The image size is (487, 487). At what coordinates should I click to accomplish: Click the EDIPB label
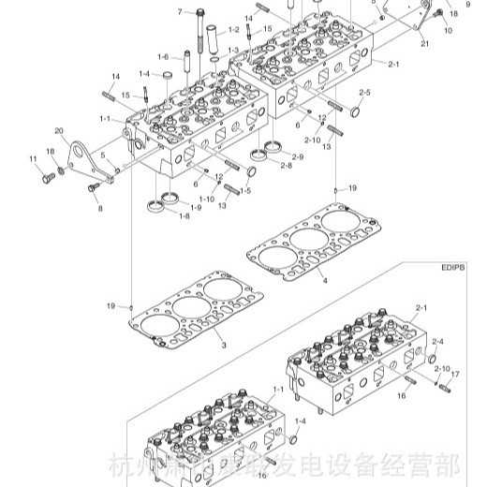[452, 266]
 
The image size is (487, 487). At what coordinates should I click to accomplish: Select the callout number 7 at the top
[179, 12]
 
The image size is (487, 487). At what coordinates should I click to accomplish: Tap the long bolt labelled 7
[202, 33]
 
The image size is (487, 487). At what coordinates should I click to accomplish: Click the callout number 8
[99, 208]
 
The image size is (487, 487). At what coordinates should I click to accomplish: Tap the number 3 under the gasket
[225, 346]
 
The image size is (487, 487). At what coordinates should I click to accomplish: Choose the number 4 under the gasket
[323, 280]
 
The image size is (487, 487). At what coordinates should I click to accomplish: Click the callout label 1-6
[164, 56]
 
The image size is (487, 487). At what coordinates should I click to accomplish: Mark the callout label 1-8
[184, 216]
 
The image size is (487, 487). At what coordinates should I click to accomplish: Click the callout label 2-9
[298, 155]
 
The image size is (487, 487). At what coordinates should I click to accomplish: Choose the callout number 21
[423, 44]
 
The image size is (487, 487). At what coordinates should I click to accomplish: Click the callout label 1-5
[245, 190]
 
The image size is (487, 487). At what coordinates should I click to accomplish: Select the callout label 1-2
[233, 31]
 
